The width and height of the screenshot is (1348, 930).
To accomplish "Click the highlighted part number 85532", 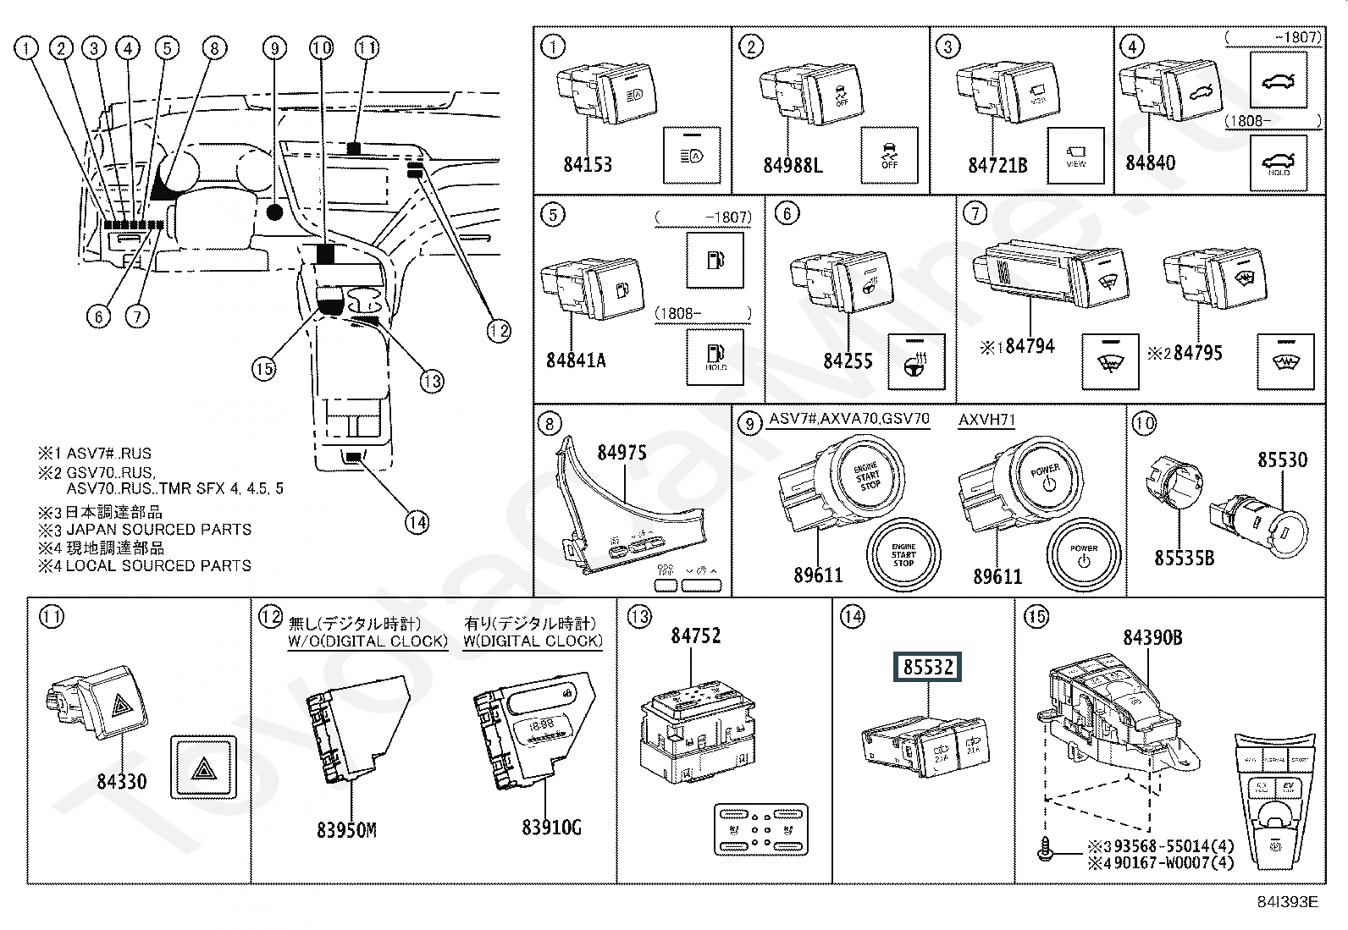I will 928,667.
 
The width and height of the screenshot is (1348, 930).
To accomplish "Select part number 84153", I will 588,164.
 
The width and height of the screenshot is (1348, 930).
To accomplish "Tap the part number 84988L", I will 793,164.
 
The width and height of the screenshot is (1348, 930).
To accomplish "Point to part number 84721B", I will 997,164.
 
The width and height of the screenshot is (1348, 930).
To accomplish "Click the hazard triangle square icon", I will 203,768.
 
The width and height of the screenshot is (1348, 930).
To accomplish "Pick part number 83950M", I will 346,830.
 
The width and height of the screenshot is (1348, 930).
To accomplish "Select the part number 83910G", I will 552,826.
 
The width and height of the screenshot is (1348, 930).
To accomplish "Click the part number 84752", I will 696,636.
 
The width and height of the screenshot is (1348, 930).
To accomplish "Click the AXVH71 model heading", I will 986,420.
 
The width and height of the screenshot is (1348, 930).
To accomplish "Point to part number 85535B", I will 1185,559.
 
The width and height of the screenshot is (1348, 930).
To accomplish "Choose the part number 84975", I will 622,453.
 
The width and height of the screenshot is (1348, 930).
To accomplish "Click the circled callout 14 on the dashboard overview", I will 417,522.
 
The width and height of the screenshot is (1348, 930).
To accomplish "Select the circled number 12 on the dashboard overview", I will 499,331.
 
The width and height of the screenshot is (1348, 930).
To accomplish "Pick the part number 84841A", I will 576,360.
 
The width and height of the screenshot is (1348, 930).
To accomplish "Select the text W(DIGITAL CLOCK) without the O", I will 533,641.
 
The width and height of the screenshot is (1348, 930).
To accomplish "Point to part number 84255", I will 848,360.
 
